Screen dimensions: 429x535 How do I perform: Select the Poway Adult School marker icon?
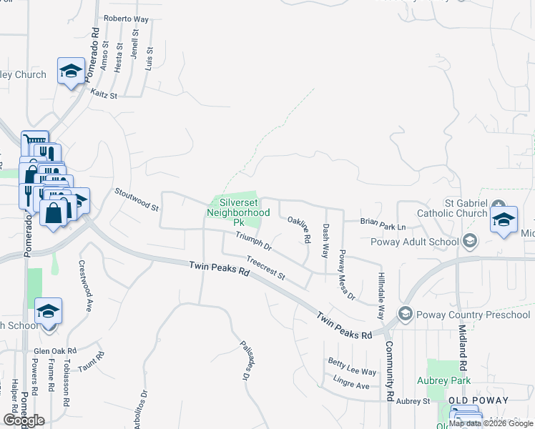pos(469,241)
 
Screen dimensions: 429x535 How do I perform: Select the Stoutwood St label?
pos(137,199)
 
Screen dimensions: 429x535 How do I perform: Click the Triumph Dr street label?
pos(254,242)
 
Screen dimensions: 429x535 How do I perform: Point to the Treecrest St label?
pos(265,267)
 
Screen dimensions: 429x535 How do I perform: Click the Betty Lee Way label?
pos(351,372)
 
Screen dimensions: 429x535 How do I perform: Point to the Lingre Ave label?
pos(350,385)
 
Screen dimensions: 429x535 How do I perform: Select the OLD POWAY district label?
pos(478,401)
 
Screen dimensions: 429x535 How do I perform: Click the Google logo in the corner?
pos(24,420)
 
